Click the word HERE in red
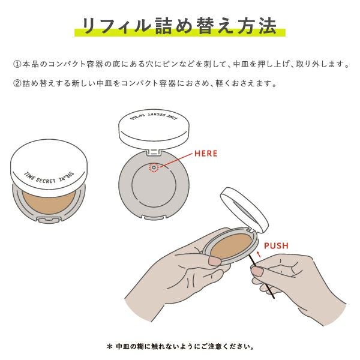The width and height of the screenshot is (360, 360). (206, 154)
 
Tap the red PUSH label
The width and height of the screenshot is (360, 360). (277, 245)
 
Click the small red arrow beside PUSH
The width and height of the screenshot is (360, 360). (258, 254)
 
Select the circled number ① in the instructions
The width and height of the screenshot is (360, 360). (16, 64)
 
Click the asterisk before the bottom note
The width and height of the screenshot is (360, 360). (109, 346)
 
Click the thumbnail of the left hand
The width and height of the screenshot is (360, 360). (214, 261)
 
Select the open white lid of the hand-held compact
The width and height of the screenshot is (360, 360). (246, 203)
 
